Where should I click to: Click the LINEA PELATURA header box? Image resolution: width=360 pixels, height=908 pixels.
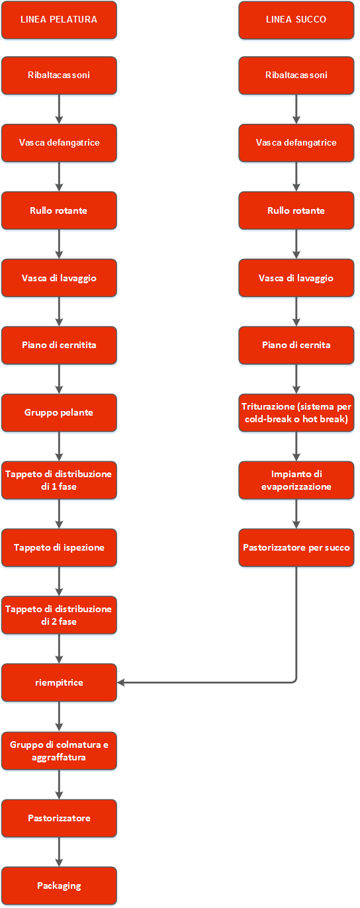tap(59, 20)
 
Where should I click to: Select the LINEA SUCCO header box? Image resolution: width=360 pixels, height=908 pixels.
tap(296, 20)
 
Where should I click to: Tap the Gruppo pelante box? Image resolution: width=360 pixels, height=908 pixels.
tap(59, 413)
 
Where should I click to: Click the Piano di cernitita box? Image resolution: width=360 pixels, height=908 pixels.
tap(59, 345)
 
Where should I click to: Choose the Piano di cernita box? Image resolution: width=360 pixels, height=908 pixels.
tap(296, 345)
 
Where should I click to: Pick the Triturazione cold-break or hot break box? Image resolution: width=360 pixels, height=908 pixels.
tap(296, 413)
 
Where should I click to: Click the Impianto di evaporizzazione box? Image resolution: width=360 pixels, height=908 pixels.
tap(296, 480)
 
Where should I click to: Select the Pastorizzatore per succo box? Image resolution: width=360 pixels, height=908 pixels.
tap(296, 547)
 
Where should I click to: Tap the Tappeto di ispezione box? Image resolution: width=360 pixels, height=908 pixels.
tap(59, 547)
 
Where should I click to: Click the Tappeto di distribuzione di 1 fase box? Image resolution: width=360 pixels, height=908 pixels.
tap(59, 480)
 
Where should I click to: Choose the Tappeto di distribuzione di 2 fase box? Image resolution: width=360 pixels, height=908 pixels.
tap(59, 615)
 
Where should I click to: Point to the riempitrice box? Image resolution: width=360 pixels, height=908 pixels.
tap(59, 682)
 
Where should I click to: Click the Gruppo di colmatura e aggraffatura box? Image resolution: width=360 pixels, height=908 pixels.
tap(59, 751)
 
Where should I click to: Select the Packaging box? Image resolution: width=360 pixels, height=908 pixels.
tap(59, 886)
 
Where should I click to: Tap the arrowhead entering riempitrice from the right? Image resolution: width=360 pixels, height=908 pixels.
tap(121, 682)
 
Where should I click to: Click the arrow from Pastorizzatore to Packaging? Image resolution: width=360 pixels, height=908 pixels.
tap(59, 852)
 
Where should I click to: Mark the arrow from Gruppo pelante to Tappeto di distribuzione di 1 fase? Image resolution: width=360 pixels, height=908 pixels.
tap(59, 446)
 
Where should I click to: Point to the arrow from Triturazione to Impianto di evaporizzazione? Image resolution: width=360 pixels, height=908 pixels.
tap(296, 446)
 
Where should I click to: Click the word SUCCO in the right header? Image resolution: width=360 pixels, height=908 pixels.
tap(311, 19)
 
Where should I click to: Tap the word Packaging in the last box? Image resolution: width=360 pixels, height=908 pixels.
tap(59, 886)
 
